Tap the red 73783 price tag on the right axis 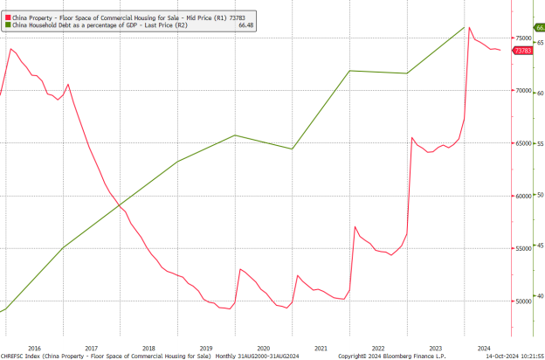tap(523, 52)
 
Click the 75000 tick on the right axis tap(522, 38)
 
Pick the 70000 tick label tap(522, 90)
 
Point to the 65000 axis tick tap(522, 143)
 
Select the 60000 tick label tap(522, 196)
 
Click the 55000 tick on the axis tap(522, 249)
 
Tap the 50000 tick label tap(522, 301)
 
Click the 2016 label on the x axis tap(34, 347)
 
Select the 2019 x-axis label tap(206, 347)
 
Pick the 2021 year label tap(321, 347)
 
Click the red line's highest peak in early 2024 tap(469, 27)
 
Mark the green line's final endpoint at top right tap(464, 27)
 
